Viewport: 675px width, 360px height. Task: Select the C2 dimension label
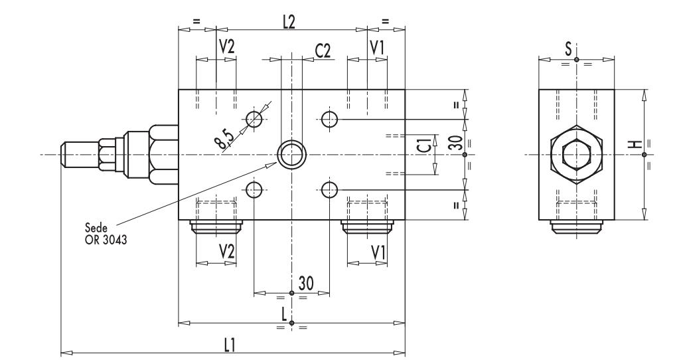323,51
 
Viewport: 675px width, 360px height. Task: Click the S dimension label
568,48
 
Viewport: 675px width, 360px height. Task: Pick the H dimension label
635,145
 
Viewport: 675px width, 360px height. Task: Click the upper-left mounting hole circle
254,119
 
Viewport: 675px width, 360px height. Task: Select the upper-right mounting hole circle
330,119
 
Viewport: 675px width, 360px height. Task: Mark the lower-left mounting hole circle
254,191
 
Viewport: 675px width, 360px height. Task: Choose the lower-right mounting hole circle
330,191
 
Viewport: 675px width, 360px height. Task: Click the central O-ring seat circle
291,155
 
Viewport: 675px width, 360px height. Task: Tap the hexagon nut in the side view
576,155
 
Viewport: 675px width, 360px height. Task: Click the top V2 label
226,46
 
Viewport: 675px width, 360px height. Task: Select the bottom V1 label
378,252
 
